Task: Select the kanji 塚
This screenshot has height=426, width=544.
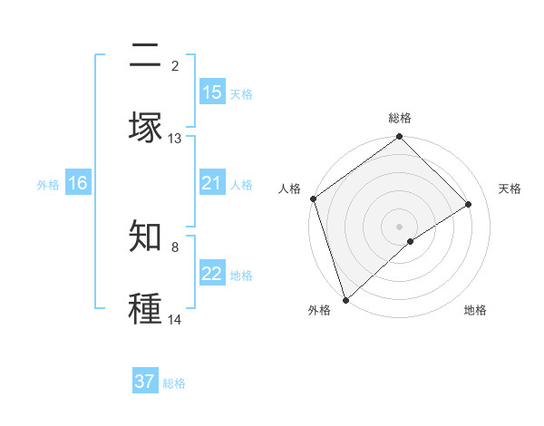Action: [145, 127]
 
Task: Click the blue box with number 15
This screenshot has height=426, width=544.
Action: [212, 92]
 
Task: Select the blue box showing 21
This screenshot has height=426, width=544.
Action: [212, 183]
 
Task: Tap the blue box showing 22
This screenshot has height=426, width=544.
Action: [212, 274]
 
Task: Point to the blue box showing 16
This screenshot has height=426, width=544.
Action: [78, 183]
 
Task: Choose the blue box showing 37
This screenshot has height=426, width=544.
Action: [145, 382]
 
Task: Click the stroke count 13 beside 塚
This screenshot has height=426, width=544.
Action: [175, 139]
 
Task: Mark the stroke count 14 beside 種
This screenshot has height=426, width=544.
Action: [175, 320]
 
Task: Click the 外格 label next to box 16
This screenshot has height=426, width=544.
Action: [48, 184]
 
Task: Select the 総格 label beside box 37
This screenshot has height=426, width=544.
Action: [174, 383]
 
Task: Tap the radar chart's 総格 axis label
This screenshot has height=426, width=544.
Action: [400, 118]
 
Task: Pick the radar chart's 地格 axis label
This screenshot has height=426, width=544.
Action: [475, 310]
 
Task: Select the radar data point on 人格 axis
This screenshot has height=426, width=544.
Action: [314, 198]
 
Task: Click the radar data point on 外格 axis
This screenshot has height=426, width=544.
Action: [345, 299]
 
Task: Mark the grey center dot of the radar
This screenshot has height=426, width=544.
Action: [400, 226]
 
